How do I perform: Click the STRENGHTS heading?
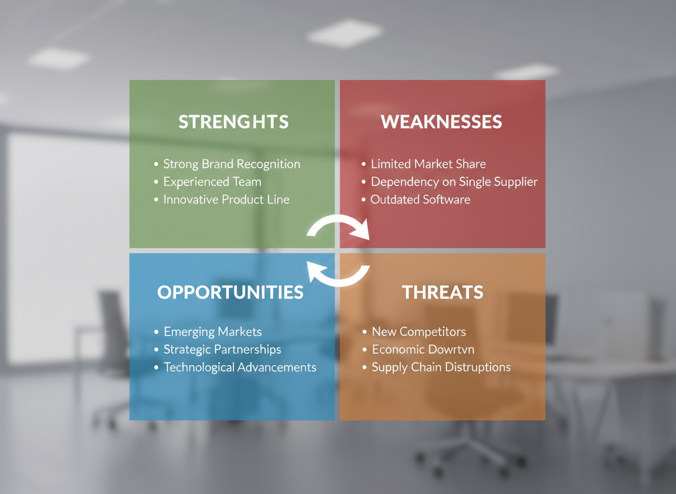pyautogui.click(x=234, y=122)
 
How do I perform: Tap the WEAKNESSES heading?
pyautogui.click(x=441, y=122)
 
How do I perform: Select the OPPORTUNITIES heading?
pyautogui.click(x=231, y=292)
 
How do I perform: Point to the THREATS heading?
pyautogui.click(x=442, y=292)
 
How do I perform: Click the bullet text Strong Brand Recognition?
pyautogui.click(x=231, y=164)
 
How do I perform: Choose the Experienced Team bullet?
pyautogui.click(x=212, y=182)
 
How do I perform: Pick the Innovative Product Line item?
pyautogui.click(x=226, y=200)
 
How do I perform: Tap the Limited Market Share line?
pyautogui.click(x=428, y=164)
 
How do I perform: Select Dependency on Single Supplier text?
pyautogui.click(x=454, y=182)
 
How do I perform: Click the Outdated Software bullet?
pyautogui.click(x=420, y=200)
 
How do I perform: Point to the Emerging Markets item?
pyautogui.click(x=212, y=332)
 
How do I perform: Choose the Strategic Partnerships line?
pyautogui.click(x=222, y=349)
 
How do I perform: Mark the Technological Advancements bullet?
pyautogui.click(x=240, y=367)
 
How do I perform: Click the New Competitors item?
pyautogui.click(x=419, y=332)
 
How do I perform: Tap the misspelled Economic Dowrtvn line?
pyautogui.click(x=423, y=349)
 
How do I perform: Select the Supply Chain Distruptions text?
pyautogui.click(x=441, y=367)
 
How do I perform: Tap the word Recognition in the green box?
pyautogui.click(x=268, y=164)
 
